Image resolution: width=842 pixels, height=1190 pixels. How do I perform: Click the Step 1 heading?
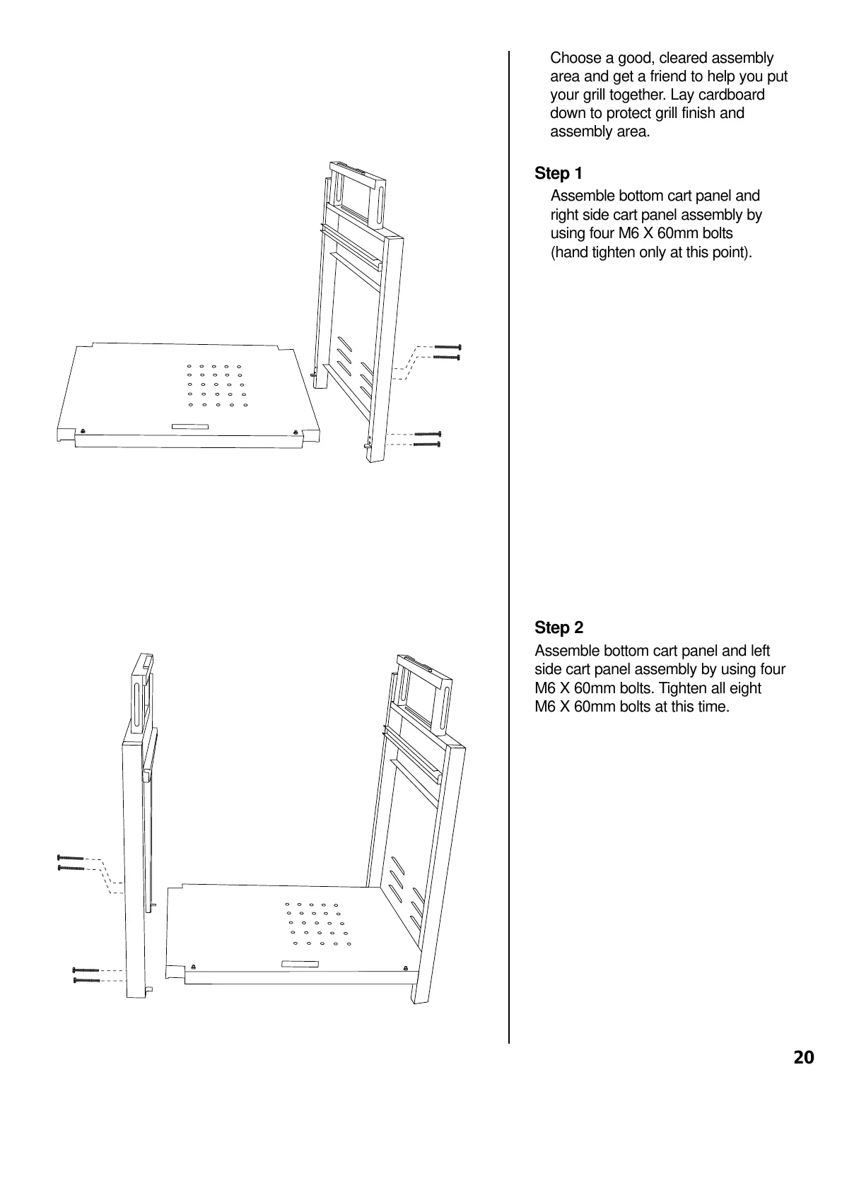559,173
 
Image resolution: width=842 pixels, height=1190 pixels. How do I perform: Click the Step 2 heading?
559,628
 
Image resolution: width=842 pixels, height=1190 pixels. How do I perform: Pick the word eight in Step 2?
743,688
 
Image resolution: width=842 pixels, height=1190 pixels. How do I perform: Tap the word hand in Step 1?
571,252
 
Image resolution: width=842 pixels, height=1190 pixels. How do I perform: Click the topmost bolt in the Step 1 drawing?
447,347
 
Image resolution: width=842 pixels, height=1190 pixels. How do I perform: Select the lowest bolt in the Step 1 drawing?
427,444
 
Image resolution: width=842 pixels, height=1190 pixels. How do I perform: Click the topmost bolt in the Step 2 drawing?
71,858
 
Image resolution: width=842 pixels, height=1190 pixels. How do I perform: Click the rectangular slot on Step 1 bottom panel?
190,426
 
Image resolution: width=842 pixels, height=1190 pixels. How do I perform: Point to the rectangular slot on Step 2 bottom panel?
300,964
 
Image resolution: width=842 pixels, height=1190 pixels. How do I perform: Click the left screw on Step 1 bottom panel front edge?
83,432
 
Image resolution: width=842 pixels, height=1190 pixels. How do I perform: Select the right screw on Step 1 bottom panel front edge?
294,432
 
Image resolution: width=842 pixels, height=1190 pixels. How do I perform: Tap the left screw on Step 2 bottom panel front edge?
194,967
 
